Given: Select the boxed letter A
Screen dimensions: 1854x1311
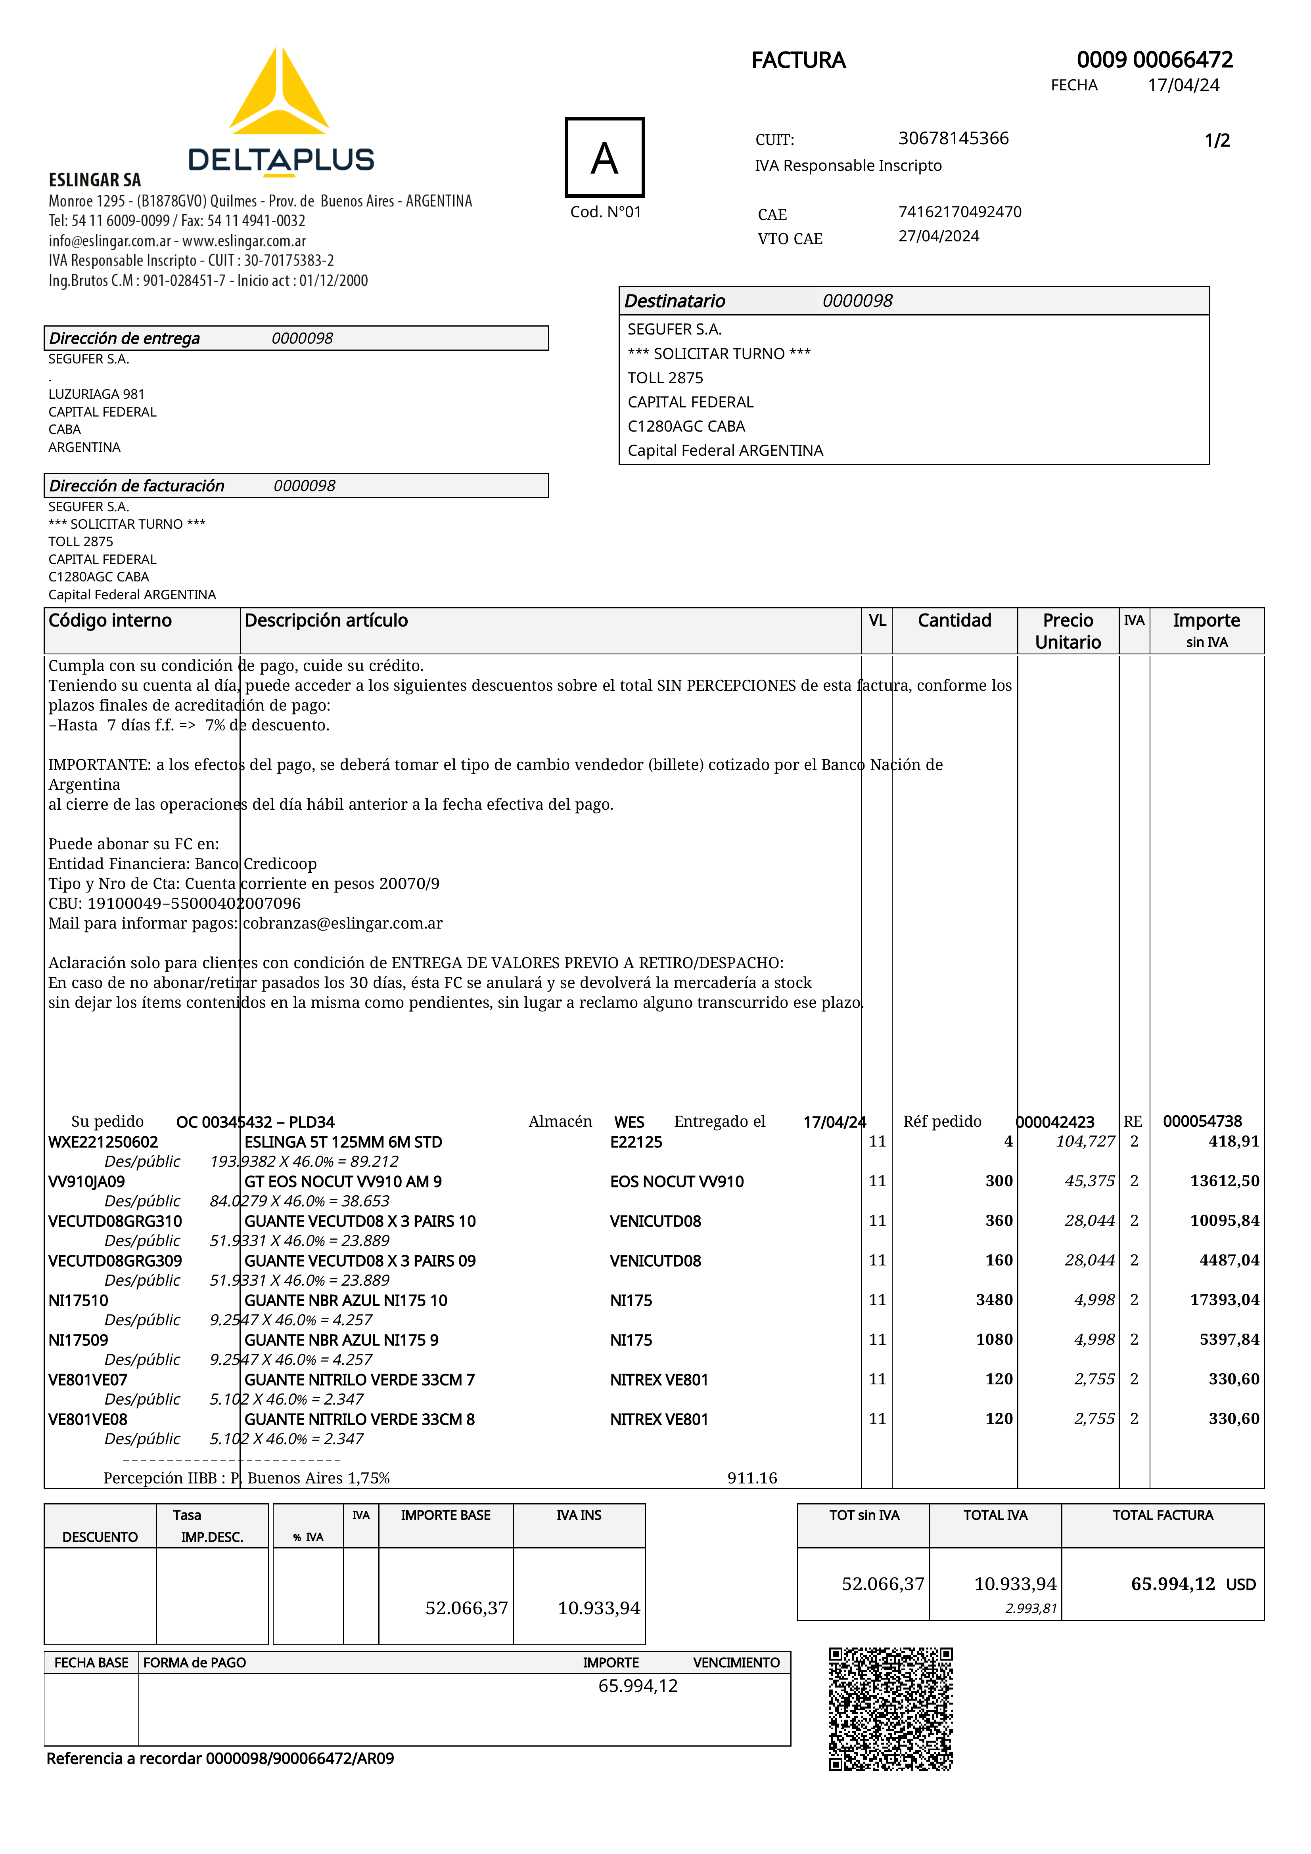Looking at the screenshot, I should click(604, 157).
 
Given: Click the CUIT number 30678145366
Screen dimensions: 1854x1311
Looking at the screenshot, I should click(953, 138).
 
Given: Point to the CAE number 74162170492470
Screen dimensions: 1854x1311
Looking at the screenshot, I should click(960, 212).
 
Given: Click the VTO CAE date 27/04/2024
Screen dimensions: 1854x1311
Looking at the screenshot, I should click(939, 236).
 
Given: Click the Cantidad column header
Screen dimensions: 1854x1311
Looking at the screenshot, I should click(954, 620).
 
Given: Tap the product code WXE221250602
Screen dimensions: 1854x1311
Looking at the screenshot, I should click(103, 1142).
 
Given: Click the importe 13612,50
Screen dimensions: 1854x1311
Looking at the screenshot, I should click(1224, 1181).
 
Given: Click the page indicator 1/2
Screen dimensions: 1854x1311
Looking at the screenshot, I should click(1217, 141).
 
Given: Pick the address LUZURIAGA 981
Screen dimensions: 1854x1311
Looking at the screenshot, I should click(96, 394).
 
